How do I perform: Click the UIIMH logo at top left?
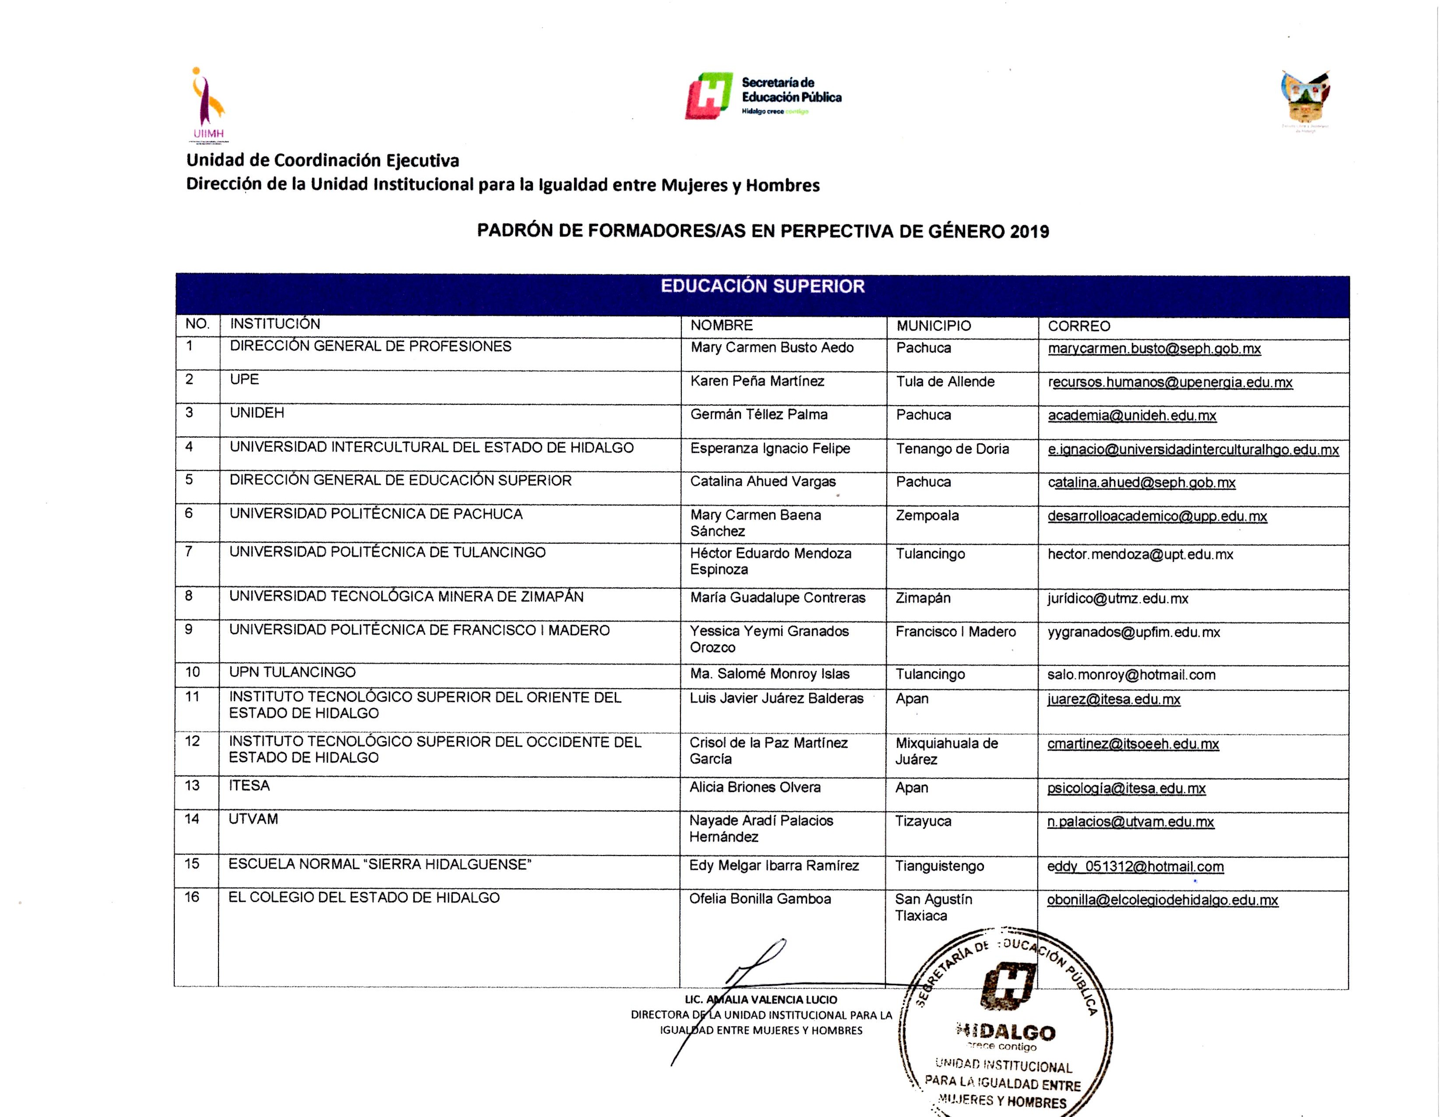[x=208, y=105]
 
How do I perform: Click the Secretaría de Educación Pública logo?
[x=763, y=96]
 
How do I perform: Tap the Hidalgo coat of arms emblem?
[x=1305, y=99]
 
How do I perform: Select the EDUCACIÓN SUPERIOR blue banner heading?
[x=762, y=286]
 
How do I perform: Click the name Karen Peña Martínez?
[x=757, y=381]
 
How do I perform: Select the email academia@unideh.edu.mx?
[x=1131, y=416]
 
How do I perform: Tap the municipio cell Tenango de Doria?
[x=952, y=449]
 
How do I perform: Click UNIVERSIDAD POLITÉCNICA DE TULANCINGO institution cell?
[x=387, y=552]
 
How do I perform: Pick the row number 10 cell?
[x=193, y=672]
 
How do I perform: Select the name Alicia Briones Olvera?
[x=754, y=788]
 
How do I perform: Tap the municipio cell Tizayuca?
[x=923, y=821]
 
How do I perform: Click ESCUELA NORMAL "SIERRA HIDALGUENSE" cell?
[x=380, y=864]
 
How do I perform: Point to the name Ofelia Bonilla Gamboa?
[x=760, y=898]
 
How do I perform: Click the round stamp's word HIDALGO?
[x=1006, y=1032]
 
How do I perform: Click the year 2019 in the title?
[x=1029, y=232]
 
